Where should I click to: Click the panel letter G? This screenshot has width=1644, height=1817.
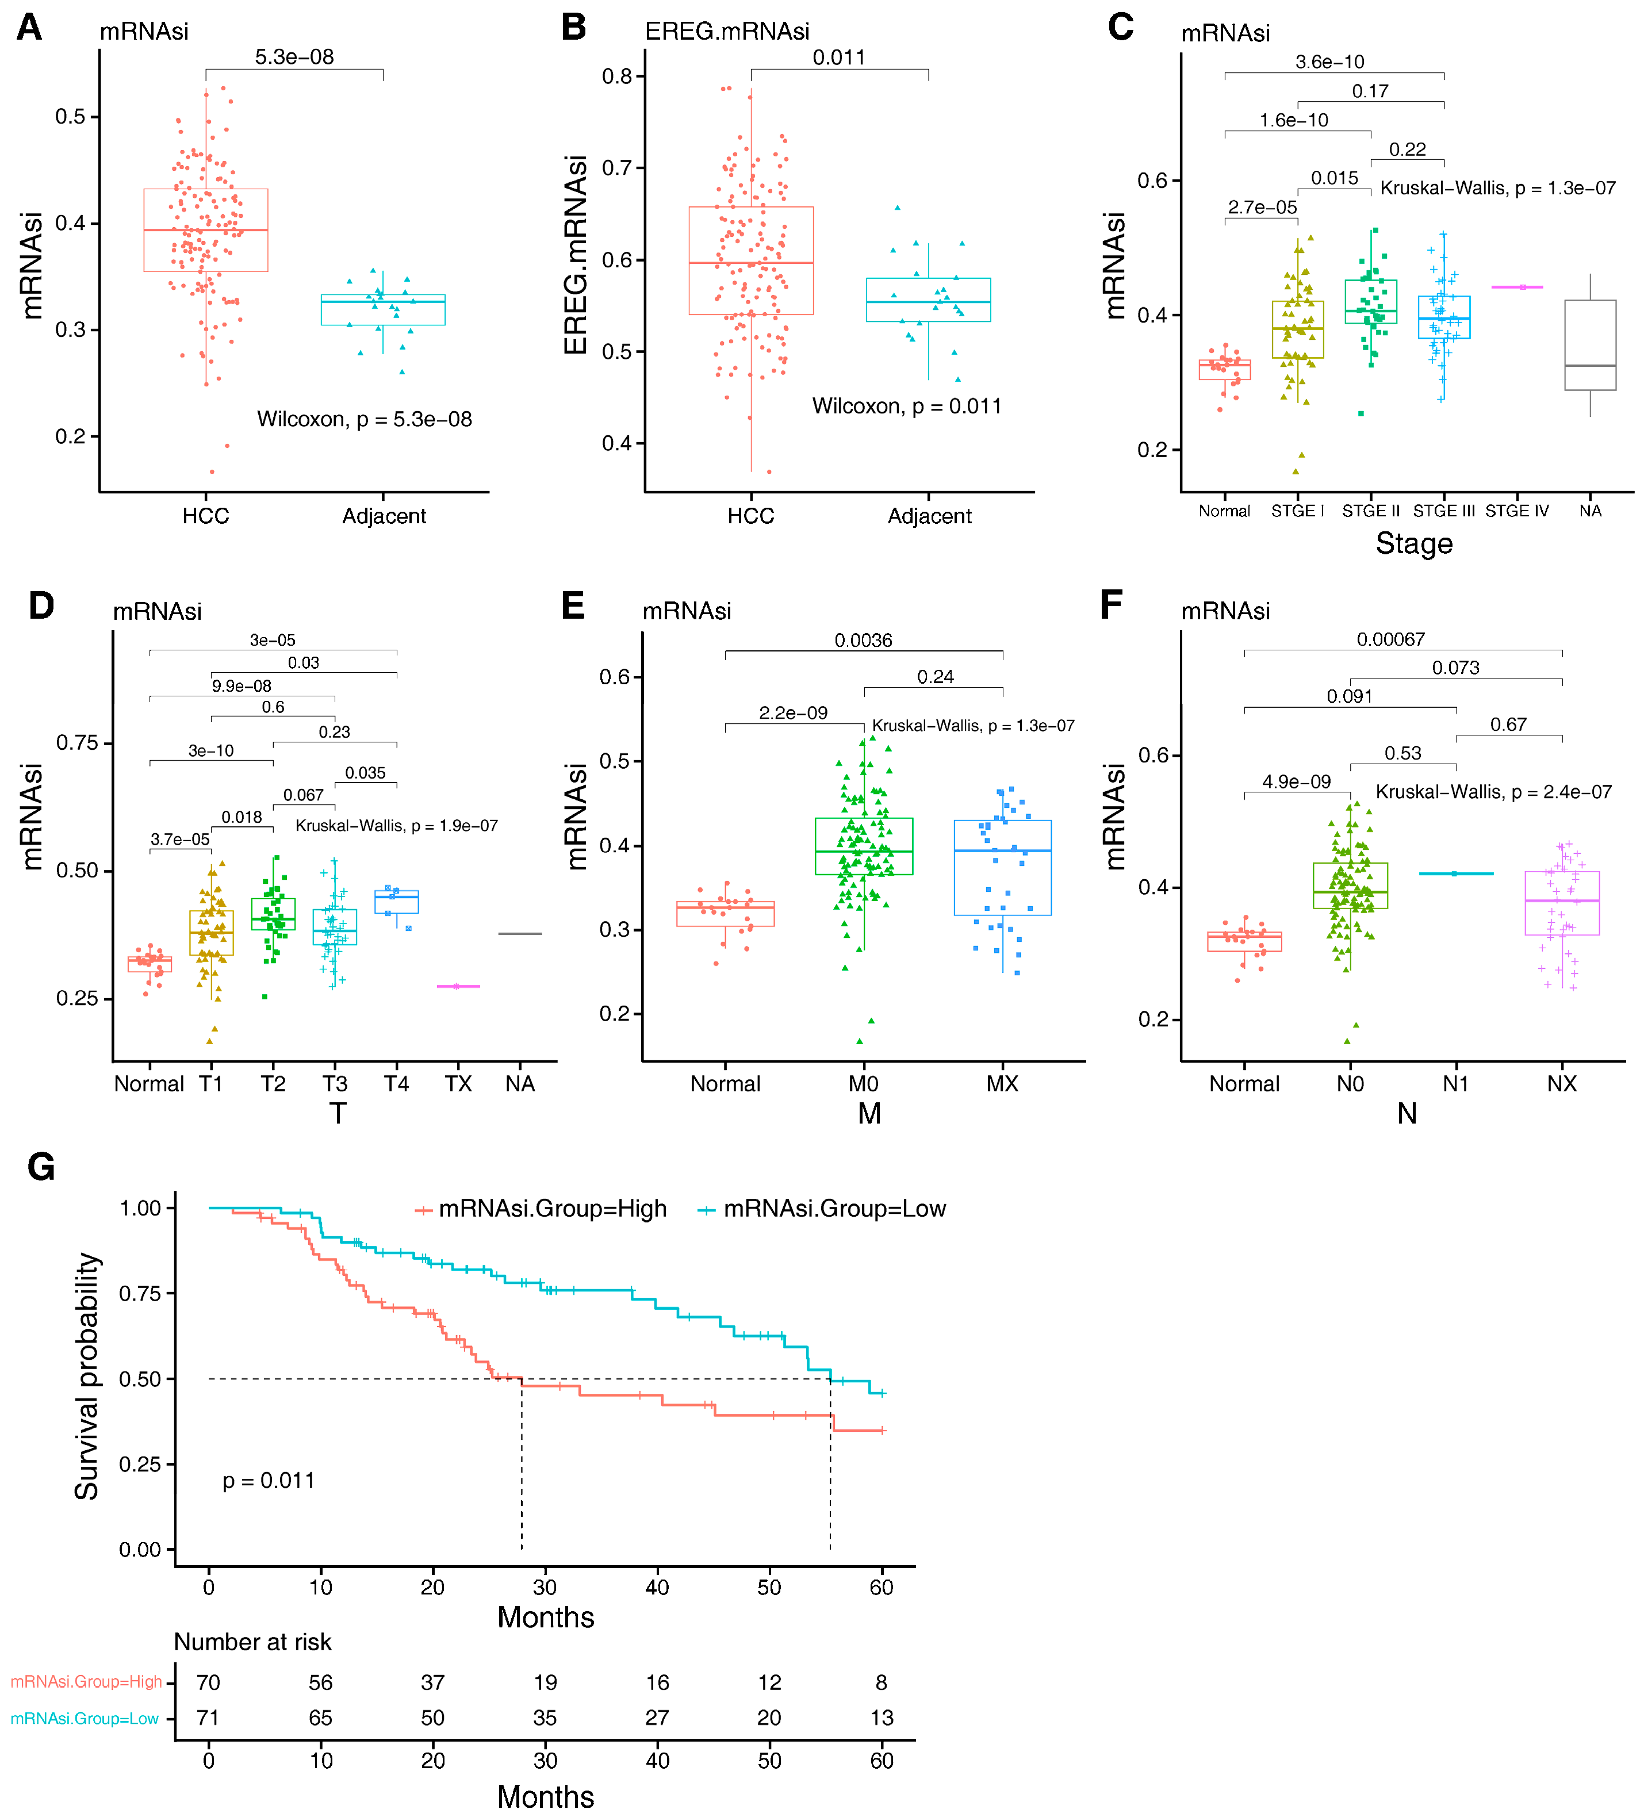click(41, 1167)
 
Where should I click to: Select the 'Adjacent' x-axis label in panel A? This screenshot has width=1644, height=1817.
click(384, 516)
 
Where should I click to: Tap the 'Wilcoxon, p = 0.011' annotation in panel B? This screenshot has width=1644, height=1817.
click(906, 407)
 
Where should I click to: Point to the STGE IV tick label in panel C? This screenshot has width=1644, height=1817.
click(1517, 511)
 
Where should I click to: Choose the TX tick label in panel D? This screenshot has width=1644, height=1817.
click(458, 1083)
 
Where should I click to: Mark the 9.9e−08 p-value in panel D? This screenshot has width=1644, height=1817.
click(242, 686)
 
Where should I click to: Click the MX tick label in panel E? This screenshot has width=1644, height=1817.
click(1002, 1083)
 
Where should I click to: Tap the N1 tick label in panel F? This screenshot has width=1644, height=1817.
click(1455, 1083)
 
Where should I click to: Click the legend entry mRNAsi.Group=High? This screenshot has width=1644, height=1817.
click(551, 1209)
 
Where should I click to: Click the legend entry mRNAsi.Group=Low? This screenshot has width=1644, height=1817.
click(834, 1209)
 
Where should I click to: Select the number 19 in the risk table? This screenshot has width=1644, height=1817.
click(545, 1682)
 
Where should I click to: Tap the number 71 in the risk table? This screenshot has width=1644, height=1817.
click(208, 1718)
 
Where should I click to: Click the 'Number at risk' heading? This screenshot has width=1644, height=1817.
click(252, 1642)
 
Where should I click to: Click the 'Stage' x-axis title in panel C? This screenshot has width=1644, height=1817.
click(1413, 543)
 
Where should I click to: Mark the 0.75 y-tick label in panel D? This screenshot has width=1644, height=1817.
click(78, 743)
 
